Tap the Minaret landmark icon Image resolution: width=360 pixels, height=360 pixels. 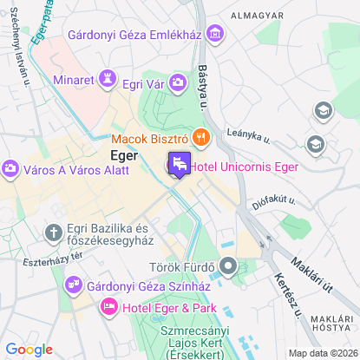click(108, 79)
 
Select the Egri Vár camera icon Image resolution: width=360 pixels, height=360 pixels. click(178, 82)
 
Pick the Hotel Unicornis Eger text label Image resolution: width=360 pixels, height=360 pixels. click(245, 167)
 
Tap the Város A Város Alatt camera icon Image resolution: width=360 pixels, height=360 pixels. click(11, 167)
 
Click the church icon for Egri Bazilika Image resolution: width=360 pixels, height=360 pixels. click(54, 232)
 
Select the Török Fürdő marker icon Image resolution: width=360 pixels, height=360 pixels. click(229, 265)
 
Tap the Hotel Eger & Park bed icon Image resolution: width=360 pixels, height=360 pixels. click(109, 305)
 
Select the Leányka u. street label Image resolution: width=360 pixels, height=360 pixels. click(248, 135)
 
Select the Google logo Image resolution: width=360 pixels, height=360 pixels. click(29, 349)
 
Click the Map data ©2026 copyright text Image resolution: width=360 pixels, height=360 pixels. click(322, 353)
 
